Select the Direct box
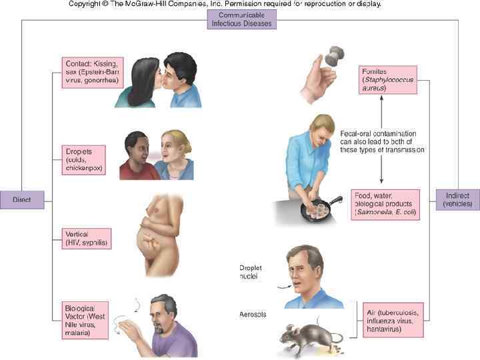pyautogui.click(x=22, y=198)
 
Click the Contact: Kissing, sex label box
pyautogui.click(x=92, y=72)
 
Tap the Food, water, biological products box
pyautogui.click(x=385, y=203)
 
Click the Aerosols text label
pyautogui.click(x=253, y=314)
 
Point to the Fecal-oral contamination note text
pyautogui.click(x=381, y=141)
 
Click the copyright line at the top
pyautogui.click(x=225, y=4)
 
